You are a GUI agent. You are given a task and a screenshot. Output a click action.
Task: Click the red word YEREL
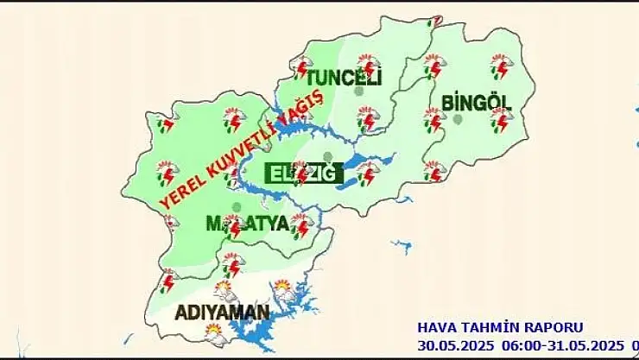183,184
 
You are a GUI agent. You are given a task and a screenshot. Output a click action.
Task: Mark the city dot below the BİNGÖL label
459,120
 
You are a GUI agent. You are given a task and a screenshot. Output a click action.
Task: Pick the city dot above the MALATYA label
237,206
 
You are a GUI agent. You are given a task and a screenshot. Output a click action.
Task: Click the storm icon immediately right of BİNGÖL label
501,119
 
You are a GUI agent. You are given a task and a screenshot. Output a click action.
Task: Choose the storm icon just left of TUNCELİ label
302,67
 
